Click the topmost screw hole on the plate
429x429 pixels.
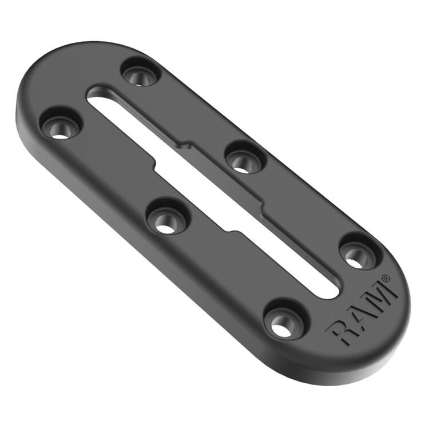coord(140,73)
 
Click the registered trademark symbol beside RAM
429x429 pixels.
coord(388,279)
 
